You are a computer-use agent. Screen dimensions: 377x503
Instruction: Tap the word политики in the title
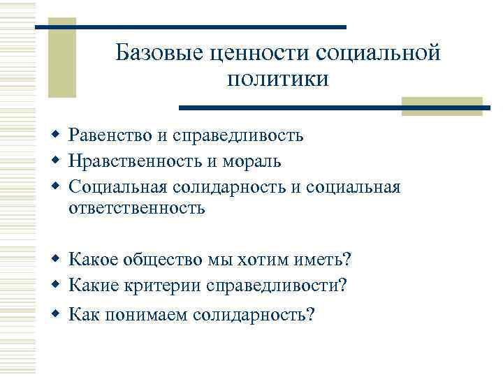(277, 80)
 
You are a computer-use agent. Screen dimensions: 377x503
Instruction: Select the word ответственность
(137, 207)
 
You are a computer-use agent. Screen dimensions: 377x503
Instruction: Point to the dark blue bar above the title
(190, 27)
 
